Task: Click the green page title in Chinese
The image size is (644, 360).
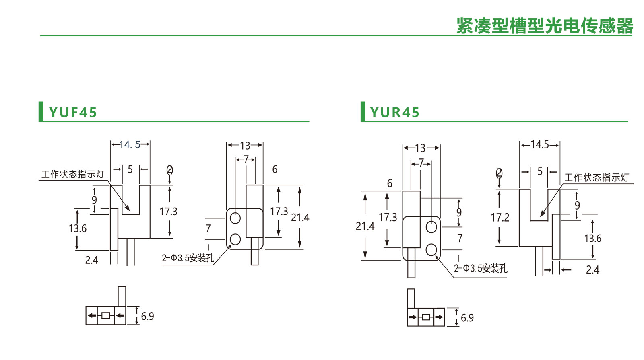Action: (x=544, y=26)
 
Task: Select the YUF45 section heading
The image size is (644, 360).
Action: (x=73, y=112)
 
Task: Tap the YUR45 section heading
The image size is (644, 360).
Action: (x=394, y=112)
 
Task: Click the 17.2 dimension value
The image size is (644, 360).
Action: (x=500, y=218)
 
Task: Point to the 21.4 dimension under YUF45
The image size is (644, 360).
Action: (x=300, y=218)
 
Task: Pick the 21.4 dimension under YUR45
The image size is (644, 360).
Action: (x=365, y=226)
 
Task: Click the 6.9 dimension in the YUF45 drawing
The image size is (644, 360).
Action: (x=147, y=316)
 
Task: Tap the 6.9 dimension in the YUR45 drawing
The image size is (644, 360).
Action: (x=467, y=318)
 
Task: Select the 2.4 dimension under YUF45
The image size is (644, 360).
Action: (x=91, y=260)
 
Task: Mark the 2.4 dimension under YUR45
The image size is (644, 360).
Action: (x=592, y=270)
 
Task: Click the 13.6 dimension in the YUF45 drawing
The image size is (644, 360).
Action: (x=77, y=228)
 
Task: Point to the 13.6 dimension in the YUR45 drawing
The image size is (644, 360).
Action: (x=592, y=239)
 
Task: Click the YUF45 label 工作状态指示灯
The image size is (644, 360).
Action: (x=72, y=174)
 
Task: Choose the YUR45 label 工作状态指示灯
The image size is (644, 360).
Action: (x=597, y=177)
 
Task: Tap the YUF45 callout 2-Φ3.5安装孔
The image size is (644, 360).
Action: (x=188, y=258)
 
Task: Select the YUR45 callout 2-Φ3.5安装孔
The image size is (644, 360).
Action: (x=481, y=268)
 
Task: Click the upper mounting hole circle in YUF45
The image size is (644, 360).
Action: (x=235, y=218)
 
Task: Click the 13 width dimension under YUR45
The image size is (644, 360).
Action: (x=420, y=148)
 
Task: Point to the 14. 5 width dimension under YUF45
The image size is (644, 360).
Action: (x=130, y=144)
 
